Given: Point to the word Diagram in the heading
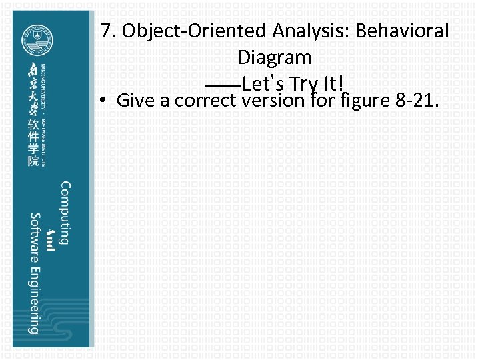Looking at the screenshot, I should (x=275, y=57).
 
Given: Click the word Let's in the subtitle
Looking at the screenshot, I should (x=261, y=85).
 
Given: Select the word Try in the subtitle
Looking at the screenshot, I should (x=302, y=85).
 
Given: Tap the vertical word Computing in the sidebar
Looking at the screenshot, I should (x=65, y=213).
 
